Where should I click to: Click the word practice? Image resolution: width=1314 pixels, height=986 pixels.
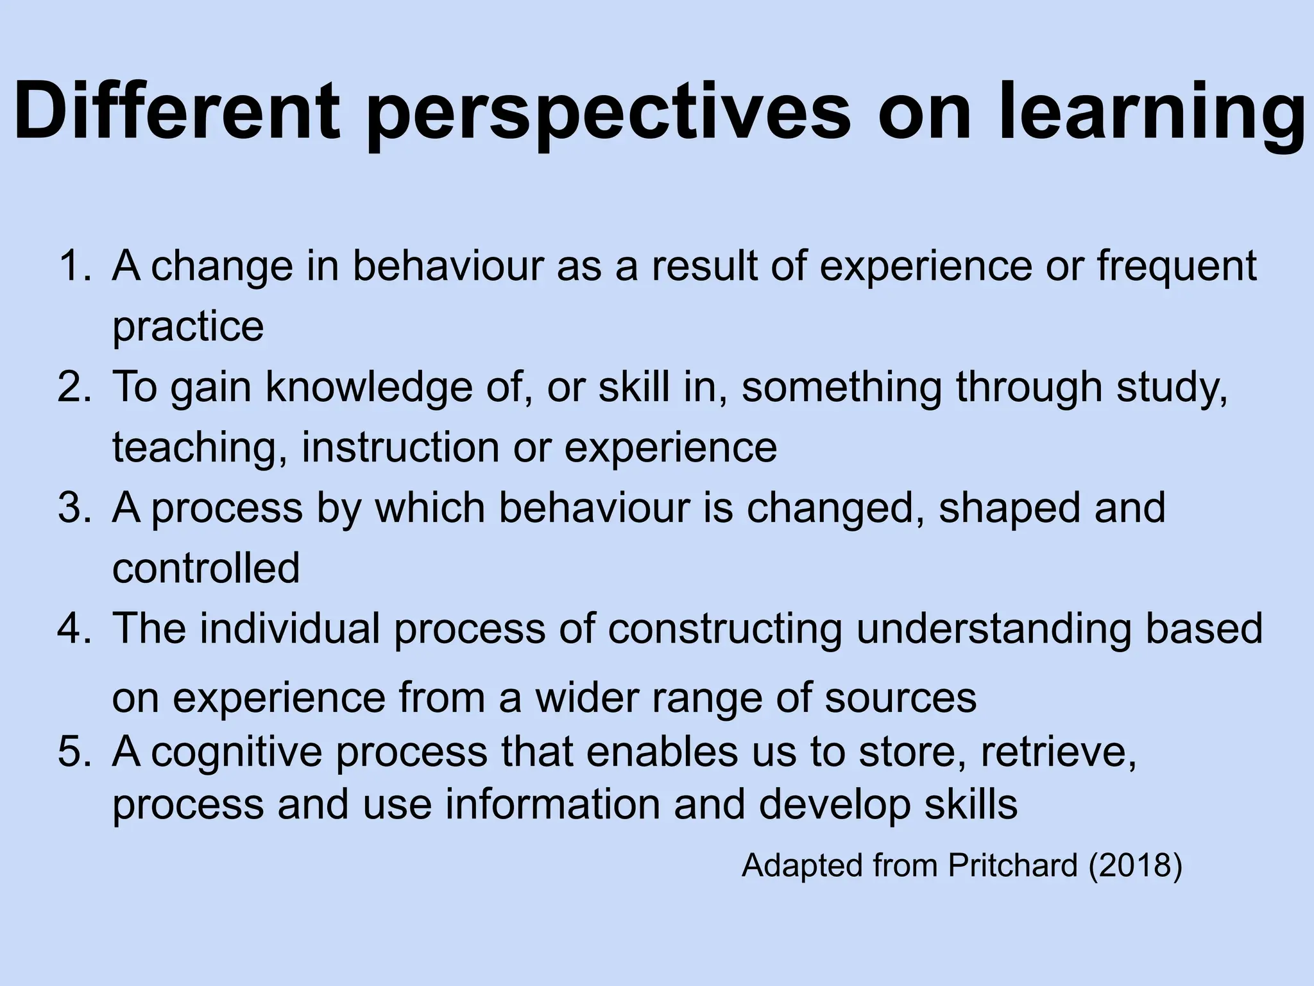point(188,327)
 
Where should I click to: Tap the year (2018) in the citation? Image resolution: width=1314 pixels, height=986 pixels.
point(1135,866)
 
